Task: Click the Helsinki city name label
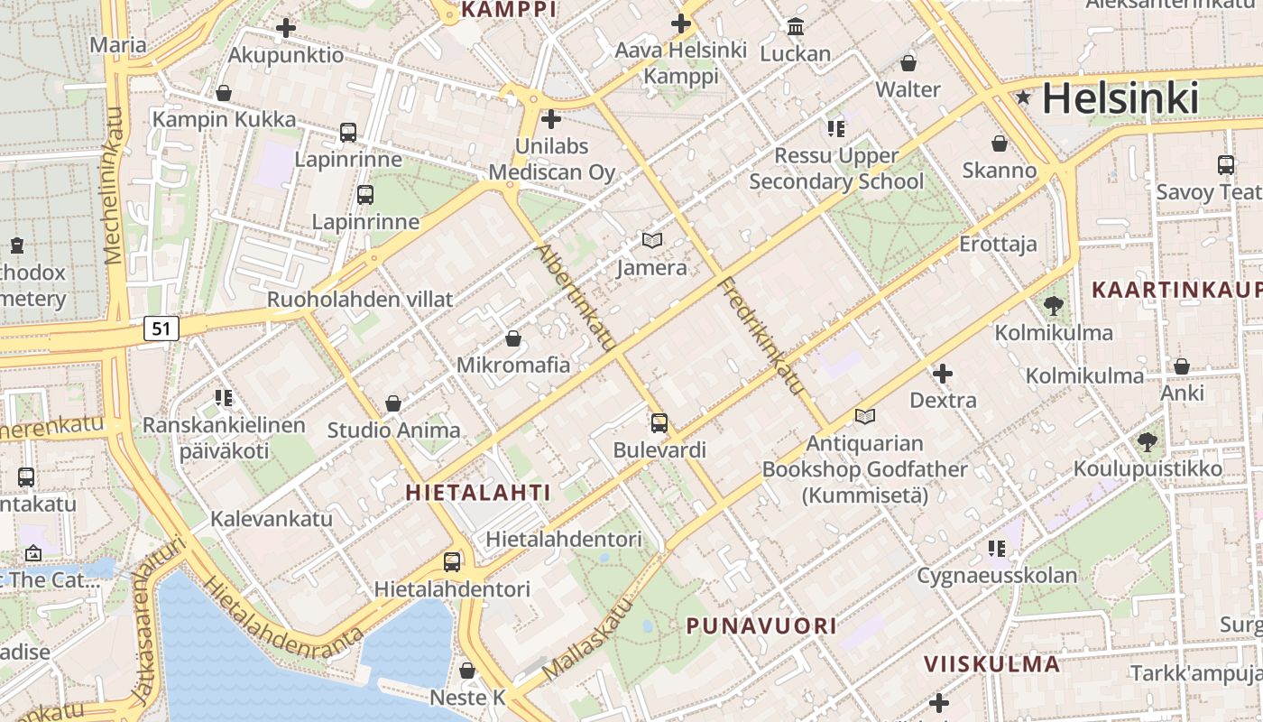click(x=1120, y=98)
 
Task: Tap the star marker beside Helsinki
click(x=1023, y=97)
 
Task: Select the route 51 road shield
click(x=161, y=329)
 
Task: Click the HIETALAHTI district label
click(x=478, y=492)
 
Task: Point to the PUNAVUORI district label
click(x=761, y=625)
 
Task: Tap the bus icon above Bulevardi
click(x=659, y=422)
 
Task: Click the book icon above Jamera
click(x=651, y=240)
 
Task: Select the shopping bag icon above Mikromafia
click(x=512, y=338)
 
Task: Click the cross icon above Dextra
click(x=943, y=373)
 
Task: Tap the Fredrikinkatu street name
click(x=761, y=336)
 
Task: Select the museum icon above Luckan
click(x=795, y=26)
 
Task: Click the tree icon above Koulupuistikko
click(x=1147, y=442)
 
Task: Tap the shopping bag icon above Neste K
click(x=467, y=671)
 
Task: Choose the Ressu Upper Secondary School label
click(x=836, y=169)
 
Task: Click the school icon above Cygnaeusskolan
click(x=997, y=548)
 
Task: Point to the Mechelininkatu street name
click(x=114, y=185)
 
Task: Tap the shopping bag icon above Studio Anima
click(x=393, y=403)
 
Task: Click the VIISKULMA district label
click(x=991, y=664)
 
